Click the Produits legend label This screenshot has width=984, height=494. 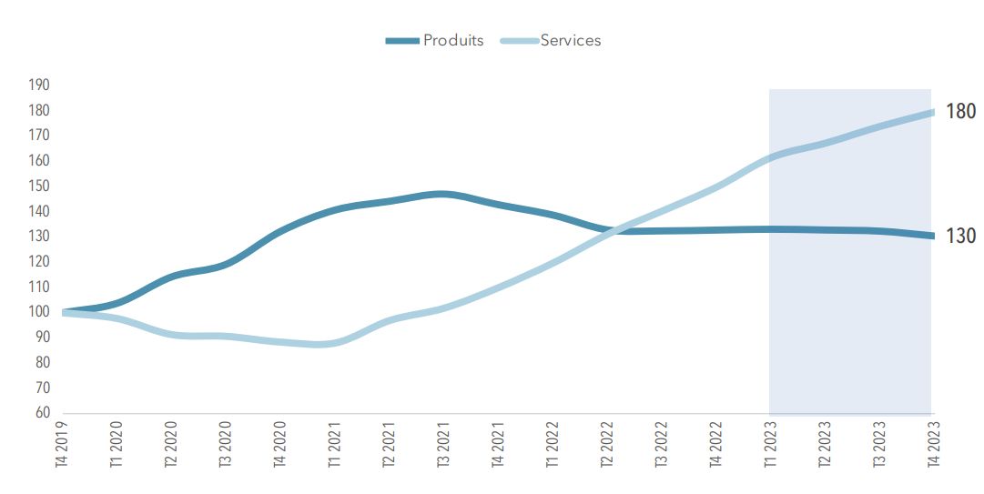452,40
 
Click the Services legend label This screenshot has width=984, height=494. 571,40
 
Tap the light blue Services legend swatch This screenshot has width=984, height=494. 519,40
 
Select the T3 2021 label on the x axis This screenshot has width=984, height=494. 444,444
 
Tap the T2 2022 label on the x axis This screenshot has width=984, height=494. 607,444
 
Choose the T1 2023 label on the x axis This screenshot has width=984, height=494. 770,444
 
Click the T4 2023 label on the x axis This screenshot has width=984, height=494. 932,444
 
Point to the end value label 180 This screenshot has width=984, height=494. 960,112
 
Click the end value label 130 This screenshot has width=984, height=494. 960,237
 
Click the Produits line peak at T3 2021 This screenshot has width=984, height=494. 441,194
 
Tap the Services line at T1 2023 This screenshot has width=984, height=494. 770,157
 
